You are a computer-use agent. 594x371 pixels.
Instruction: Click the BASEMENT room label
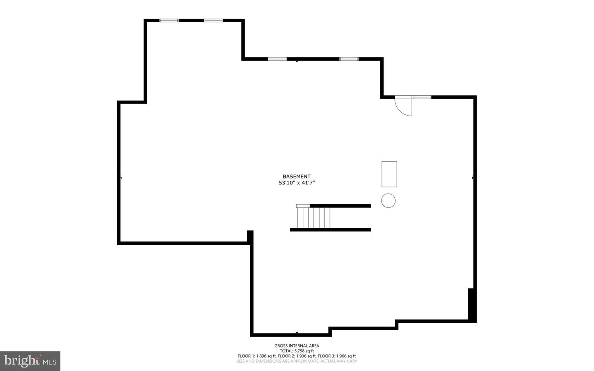(297, 176)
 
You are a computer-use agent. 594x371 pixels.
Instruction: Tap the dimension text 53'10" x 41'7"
(297, 182)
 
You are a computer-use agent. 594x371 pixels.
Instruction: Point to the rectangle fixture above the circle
(389, 174)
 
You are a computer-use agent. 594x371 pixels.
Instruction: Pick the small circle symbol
(388, 201)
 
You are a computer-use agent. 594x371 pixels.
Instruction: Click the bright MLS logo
(30, 361)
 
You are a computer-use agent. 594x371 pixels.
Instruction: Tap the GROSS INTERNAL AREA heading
(297, 346)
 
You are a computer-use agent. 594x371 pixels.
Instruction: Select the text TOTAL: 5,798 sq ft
(297, 351)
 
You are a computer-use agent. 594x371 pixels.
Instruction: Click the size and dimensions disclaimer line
(297, 361)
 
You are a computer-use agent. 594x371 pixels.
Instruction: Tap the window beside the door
(422, 97)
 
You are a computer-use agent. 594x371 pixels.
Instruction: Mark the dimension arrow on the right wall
(473, 177)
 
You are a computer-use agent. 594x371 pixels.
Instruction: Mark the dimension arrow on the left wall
(120, 177)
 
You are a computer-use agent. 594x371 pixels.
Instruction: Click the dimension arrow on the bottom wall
(297, 333)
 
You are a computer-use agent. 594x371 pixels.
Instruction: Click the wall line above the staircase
(340, 206)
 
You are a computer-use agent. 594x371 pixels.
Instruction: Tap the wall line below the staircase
(330, 229)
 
